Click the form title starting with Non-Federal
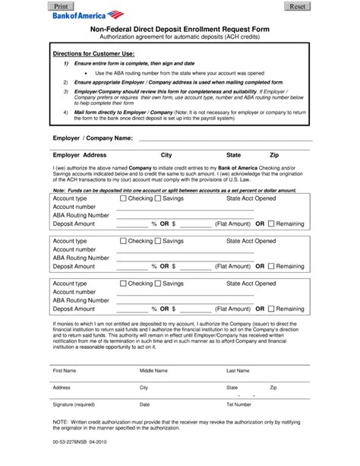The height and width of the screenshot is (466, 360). pos(180,27)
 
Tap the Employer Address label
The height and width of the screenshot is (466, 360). pos(79,154)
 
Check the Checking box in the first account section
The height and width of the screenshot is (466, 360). pos(124,198)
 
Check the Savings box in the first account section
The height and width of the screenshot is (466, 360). pos(158,198)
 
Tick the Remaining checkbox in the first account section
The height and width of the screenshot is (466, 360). pos(270,224)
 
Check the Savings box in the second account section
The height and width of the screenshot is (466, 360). pos(158,240)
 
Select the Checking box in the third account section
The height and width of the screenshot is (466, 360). pos(124,283)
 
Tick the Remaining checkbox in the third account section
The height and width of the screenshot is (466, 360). pos(270,309)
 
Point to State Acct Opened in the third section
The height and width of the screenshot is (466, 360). pos(251,283)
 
